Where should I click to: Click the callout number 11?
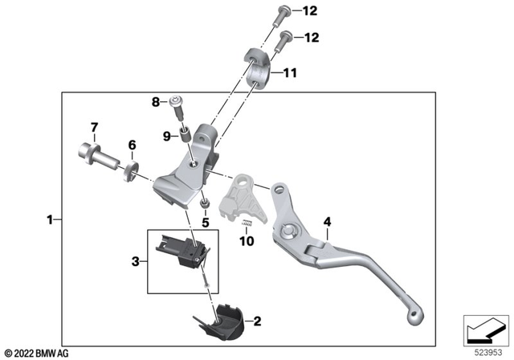coord(290,72)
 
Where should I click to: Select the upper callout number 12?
coord(310,10)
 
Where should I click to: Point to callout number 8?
coord(156,102)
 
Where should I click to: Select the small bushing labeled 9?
coord(185,133)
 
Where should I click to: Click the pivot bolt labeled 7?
coord(97,157)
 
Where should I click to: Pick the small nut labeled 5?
coord(205,205)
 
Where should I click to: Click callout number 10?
coord(247,241)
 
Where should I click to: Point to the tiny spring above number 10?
coord(247,223)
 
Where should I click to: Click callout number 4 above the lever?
coord(327,222)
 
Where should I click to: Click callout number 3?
coord(136,262)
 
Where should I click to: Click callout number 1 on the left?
coord(50,219)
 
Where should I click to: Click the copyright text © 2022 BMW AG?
coord(37,354)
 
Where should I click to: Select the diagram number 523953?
coord(488,353)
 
